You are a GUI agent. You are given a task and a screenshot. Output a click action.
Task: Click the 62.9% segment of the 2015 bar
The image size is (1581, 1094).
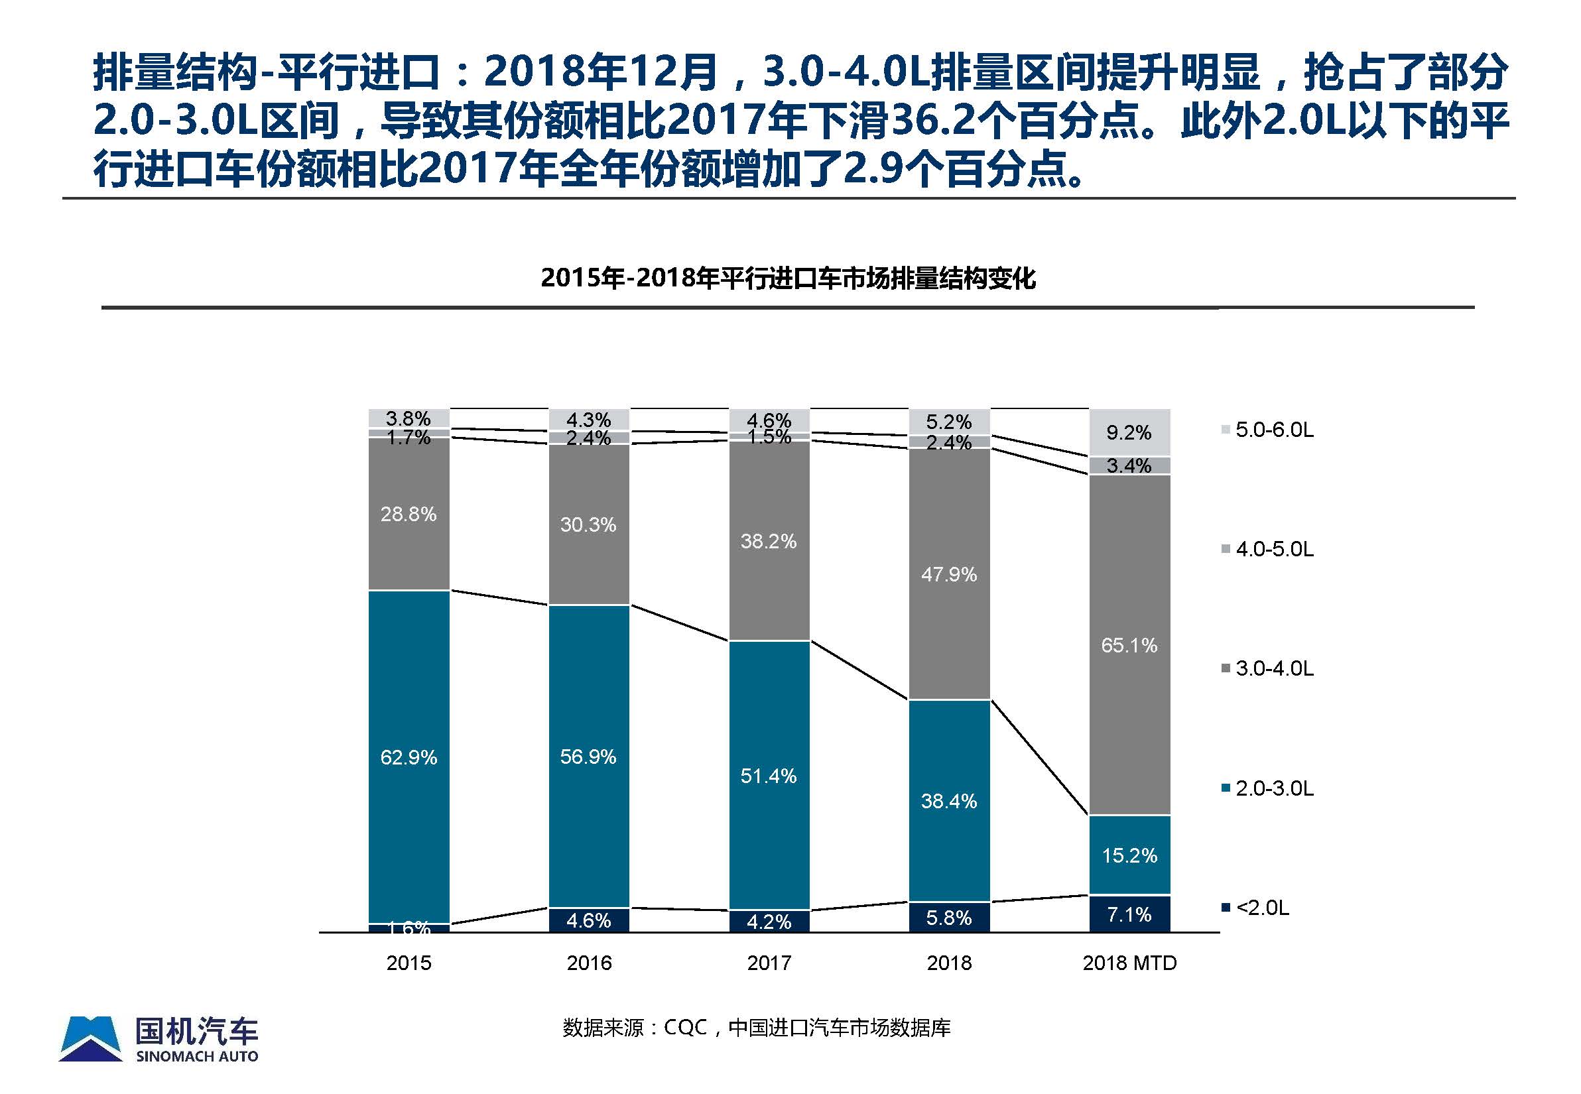(409, 757)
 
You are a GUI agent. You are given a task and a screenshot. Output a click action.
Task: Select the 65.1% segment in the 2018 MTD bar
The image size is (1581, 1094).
(1129, 644)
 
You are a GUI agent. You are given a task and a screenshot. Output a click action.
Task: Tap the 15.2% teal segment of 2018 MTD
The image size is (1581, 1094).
(1129, 855)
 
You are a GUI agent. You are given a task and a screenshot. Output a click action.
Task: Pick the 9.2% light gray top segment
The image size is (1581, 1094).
(1129, 432)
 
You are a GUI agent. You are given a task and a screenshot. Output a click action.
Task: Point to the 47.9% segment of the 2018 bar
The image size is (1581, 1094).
(949, 574)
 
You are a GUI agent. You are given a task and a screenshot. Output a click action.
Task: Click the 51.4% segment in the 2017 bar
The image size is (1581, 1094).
(769, 775)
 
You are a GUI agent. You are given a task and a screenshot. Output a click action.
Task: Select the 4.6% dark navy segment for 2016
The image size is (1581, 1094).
(588, 920)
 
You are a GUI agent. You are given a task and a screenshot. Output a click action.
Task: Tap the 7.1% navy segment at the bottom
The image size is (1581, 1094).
(1129, 914)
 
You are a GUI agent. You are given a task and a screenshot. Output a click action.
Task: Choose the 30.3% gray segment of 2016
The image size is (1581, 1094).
(588, 524)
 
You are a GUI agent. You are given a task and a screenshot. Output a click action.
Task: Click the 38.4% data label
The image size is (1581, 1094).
(949, 801)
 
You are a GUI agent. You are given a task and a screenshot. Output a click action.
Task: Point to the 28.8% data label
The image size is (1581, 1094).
(409, 513)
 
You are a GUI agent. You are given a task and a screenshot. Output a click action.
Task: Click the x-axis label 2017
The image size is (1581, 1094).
(769, 963)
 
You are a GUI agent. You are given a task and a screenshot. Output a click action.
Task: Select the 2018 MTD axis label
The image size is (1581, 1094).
(1129, 963)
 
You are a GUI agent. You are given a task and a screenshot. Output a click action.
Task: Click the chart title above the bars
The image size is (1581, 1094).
(788, 278)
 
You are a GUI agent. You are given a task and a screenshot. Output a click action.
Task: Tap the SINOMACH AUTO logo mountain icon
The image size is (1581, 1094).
(90, 1038)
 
